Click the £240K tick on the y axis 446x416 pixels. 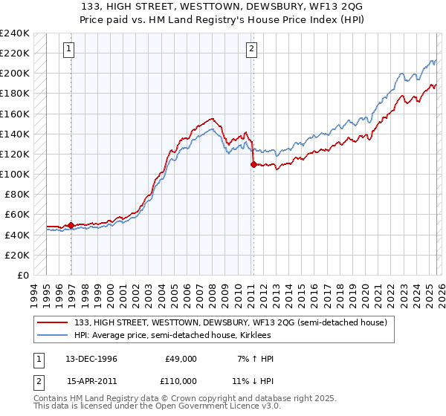point(15,33)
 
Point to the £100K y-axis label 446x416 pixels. point(15,174)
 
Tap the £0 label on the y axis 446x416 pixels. point(22,275)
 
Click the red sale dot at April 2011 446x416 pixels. point(253,164)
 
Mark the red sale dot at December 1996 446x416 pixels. point(71,225)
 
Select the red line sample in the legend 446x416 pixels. point(53,323)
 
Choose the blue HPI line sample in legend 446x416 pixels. point(53,336)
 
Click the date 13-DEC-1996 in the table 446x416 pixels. point(92,359)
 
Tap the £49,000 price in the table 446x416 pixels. point(181,359)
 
